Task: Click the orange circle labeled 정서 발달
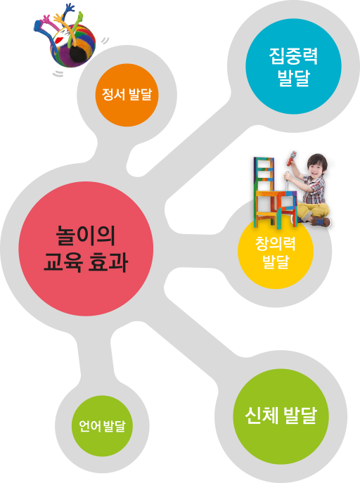point(127,95)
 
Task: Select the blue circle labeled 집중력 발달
point(293,66)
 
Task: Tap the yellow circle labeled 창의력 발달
point(276,251)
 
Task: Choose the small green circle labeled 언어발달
point(102,426)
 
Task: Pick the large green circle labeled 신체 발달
point(281,416)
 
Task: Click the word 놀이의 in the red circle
point(86,236)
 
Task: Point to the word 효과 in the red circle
point(108,263)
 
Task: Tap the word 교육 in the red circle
point(63,263)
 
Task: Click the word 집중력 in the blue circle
point(293,56)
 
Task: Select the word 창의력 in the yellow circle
point(276,243)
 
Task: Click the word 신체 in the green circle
point(262,416)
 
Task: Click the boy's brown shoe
point(321,221)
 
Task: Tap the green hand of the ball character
point(79,18)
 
